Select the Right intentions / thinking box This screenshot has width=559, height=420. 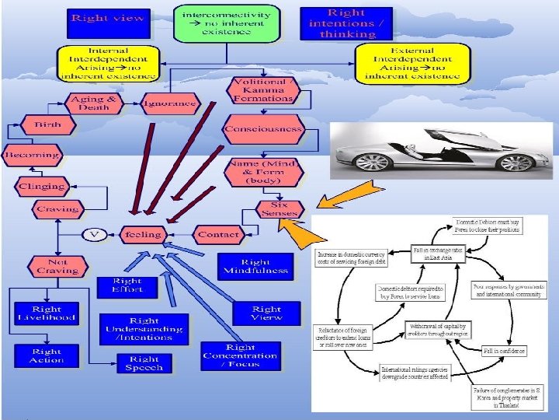345,23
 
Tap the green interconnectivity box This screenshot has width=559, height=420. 226,23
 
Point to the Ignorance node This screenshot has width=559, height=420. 169,104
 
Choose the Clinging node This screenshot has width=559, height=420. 43,186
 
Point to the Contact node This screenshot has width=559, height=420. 218,234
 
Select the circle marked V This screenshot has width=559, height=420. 94,234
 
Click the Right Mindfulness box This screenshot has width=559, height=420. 255,267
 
